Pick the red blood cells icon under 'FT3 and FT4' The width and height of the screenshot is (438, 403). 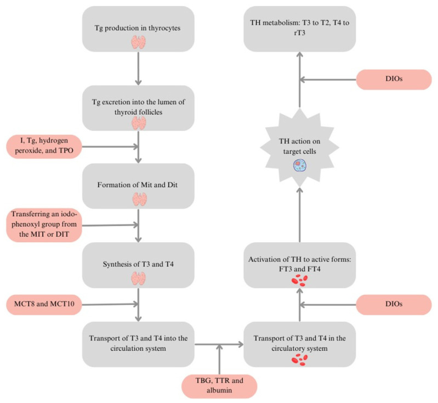(300, 281)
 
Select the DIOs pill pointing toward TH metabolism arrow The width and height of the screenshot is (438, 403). (393, 80)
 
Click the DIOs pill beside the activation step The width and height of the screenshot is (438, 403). (393, 304)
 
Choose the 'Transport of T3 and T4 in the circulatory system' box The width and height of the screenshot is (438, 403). (300, 344)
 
